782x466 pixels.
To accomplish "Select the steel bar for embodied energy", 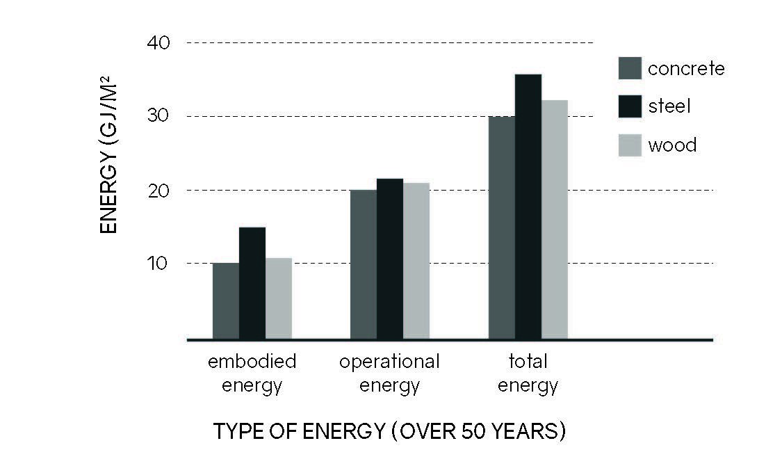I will click(x=252, y=283).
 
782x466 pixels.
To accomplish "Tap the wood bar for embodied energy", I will click(x=279, y=298).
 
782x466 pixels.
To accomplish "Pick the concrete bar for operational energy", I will click(x=364, y=264).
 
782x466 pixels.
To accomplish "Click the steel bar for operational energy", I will click(x=390, y=259).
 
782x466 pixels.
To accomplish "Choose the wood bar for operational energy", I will click(x=416, y=261).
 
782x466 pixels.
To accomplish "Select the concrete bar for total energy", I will click(x=502, y=227).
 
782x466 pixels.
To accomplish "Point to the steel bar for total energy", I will click(x=528, y=207).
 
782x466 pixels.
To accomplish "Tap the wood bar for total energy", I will click(x=555, y=220).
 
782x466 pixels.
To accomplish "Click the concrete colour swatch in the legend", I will click(x=630, y=68).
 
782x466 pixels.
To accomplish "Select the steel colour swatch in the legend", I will click(x=630, y=106).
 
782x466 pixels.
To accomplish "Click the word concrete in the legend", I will click(x=686, y=69).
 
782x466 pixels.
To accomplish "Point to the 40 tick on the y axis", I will click(x=158, y=43).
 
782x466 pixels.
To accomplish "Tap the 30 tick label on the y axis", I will click(x=158, y=116).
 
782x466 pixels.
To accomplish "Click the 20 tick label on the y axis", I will click(x=158, y=190).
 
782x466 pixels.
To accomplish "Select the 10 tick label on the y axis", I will click(x=158, y=263).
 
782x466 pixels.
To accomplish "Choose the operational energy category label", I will click(x=389, y=373).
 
